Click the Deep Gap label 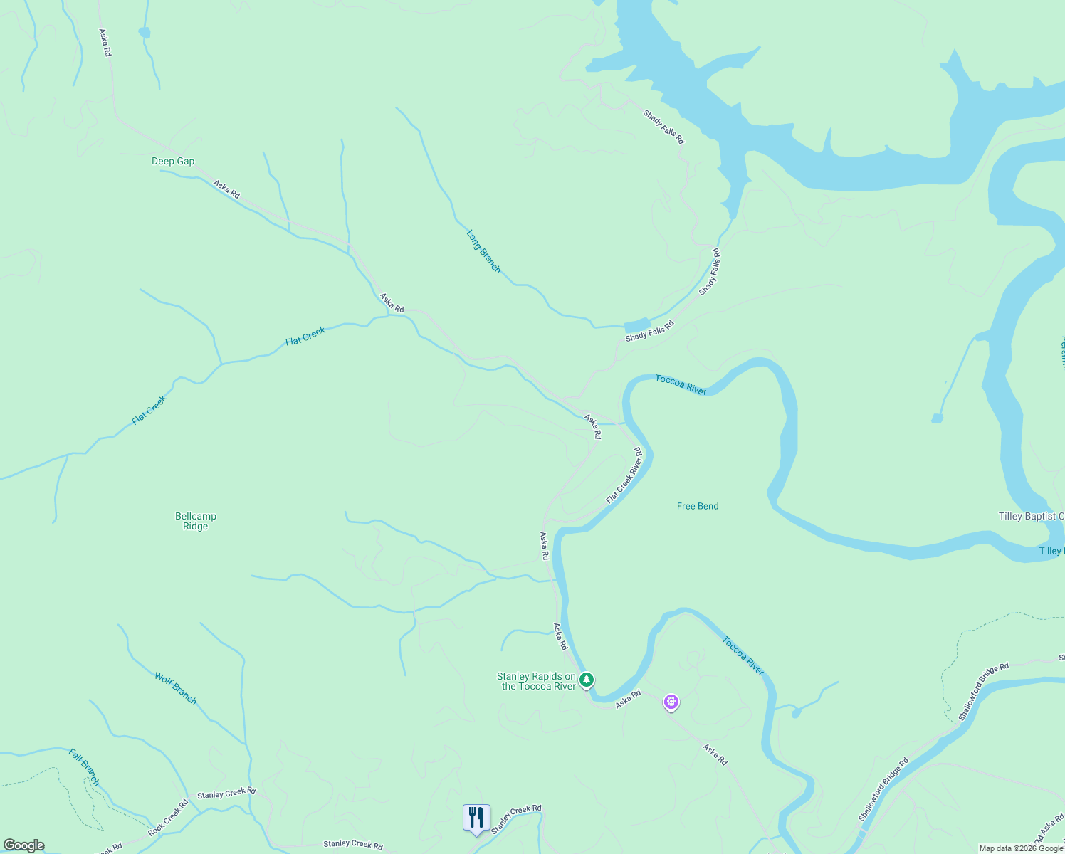[x=173, y=162]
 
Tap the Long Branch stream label [x=483, y=251]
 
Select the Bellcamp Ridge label [x=196, y=521]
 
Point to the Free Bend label [x=698, y=506]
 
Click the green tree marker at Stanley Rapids [x=586, y=680]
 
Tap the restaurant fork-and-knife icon [x=476, y=818]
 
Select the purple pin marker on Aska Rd [x=671, y=702]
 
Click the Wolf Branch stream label [x=175, y=688]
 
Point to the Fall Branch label [x=85, y=766]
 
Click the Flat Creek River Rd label [x=624, y=475]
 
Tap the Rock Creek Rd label [x=168, y=818]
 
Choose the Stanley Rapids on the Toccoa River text [x=537, y=681]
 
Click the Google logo [x=24, y=845]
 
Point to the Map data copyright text [x=1021, y=848]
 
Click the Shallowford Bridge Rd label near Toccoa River [x=883, y=790]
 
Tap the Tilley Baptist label [x=1031, y=516]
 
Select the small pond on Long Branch [x=637, y=325]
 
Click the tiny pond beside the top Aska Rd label [x=145, y=32]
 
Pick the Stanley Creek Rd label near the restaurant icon [x=516, y=819]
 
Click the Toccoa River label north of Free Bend [x=681, y=384]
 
